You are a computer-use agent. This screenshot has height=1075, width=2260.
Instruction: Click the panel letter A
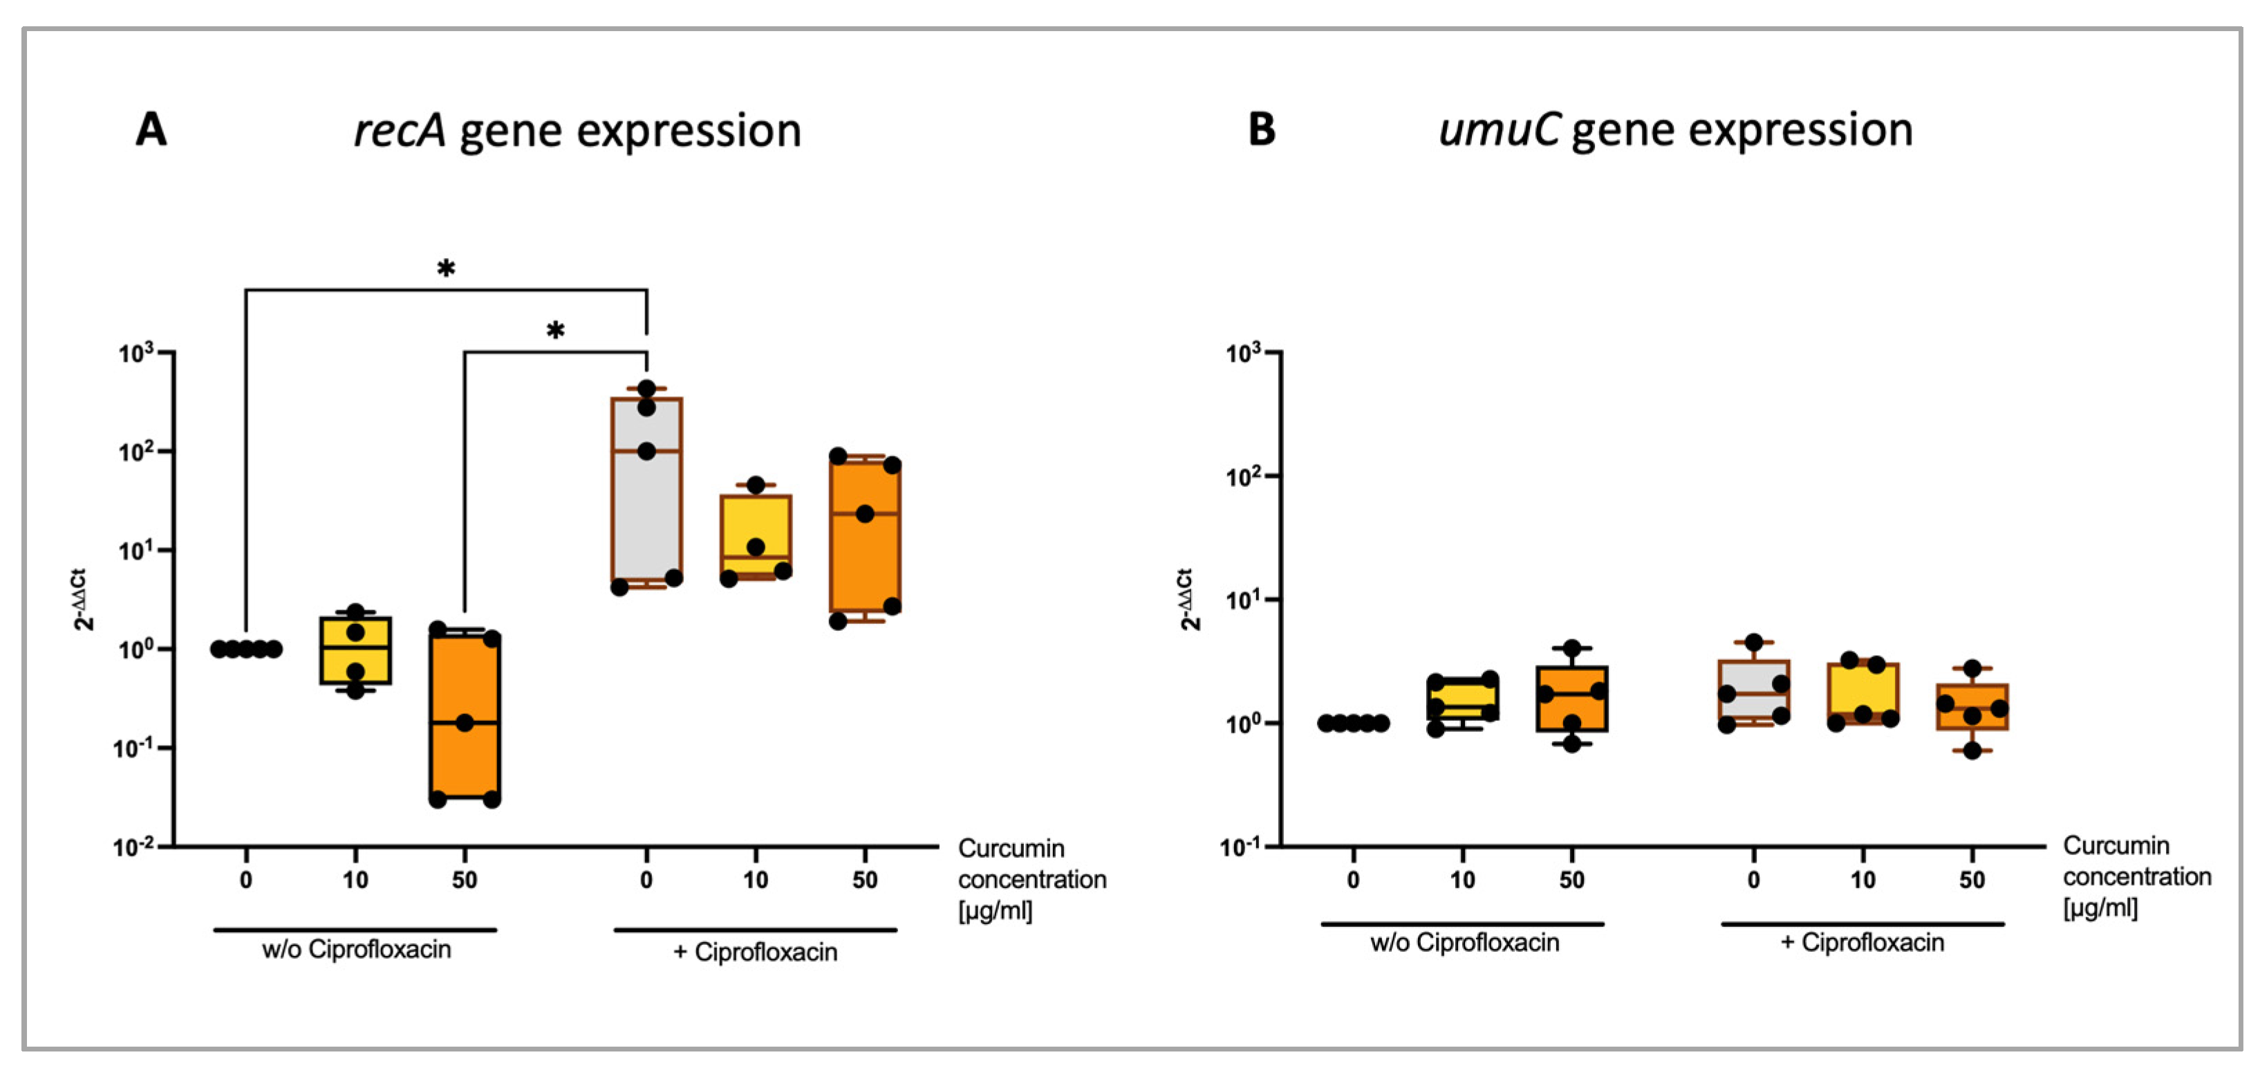coord(151,130)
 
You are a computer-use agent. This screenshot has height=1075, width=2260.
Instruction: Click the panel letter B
coord(1261,130)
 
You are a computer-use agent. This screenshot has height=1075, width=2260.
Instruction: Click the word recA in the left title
coord(399,131)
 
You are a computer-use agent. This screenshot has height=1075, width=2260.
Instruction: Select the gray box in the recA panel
coord(646,509)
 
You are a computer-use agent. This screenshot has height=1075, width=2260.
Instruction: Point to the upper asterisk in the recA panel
coord(446,268)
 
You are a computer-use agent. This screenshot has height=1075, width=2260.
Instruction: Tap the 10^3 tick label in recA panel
coord(136,353)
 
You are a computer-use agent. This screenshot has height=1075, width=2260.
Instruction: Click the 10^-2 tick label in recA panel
coord(133,847)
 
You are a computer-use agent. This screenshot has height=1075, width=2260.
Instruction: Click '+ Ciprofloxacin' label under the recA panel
coord(756,952)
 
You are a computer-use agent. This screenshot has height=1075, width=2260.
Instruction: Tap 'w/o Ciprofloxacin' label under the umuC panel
coord(1464,942)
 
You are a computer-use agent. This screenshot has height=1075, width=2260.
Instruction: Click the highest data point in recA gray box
coord(646,389)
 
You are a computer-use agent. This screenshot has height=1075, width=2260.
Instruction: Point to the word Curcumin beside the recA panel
coord(1011,849)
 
